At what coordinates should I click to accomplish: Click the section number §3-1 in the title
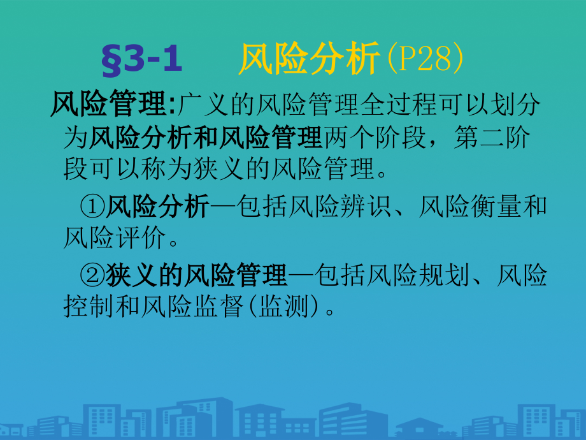coord(141,62)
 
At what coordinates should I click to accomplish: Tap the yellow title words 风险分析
coord(310,62)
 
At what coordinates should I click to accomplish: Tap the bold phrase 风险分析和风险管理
coord(205,136)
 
